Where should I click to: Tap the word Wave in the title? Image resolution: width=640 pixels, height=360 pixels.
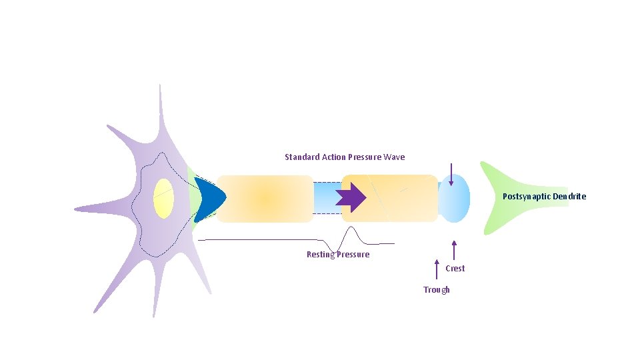pyautogui.click(x=394, y=157)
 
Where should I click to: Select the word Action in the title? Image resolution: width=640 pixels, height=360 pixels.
pyautogui.click(x=333, y=157)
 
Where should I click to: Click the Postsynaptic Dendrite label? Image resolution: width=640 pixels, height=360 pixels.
pyautogui.click(x=544, y=197)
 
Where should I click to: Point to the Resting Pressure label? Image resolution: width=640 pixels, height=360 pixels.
pyautogui.click(x=338, y=255)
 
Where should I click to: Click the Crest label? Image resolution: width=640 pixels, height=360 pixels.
pyautogui.click(x=455, y=269)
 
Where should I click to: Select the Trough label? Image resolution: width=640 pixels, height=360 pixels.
pyautogui.click(x=437, y=290)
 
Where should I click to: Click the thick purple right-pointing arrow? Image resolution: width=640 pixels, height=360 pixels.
pyautogui.click(x=351, y=197)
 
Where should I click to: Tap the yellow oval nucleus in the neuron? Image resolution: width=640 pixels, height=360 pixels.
pyautogui.click(x=163, y=199)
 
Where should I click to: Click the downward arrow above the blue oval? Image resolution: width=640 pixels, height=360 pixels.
pyautogui.click(x=451, y=175)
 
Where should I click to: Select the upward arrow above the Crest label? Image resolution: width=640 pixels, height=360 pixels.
pyautogui.click(x=454, y=251)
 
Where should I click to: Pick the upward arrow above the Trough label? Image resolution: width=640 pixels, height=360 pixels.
pyautogui.click(x=437, y=269)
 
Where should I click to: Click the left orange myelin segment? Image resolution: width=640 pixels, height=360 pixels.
pyautogui.click(x=265, y=198)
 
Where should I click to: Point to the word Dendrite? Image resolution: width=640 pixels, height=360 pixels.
pyautogui.click(x=570, y=197)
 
